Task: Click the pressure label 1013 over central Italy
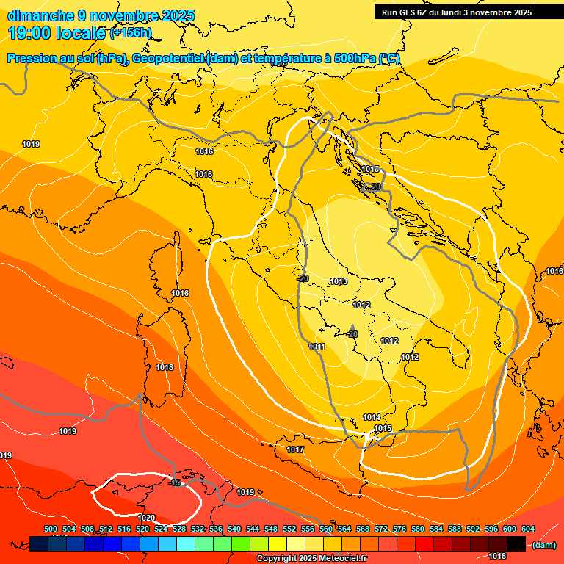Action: [339, 281]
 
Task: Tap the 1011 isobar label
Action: [317, 347]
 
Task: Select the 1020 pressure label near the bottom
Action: [146, 518]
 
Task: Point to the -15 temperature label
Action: [175, 482]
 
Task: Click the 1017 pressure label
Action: [295, 449]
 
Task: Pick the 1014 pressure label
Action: [372, 417]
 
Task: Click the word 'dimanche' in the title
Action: [40, 15]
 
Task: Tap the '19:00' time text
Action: [29, 33]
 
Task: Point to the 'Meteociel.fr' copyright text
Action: [339, 559]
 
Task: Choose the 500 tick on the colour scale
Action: [51, 529]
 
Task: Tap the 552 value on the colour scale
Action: [290, 529]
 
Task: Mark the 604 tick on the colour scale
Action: [528, 529]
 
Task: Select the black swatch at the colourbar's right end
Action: [516, 543]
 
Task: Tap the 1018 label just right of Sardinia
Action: [164, 367]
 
